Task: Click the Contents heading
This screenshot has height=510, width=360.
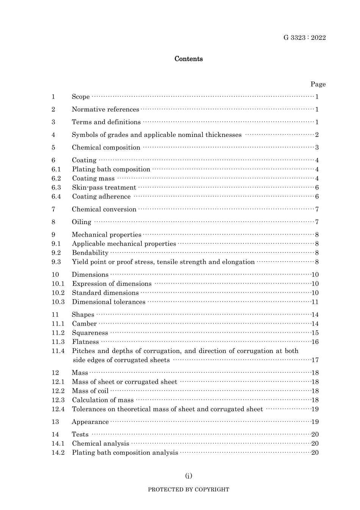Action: pyautogui.click(x=188, y=59)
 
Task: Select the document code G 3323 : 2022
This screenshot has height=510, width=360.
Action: pyautogui.click(x=304, y=38)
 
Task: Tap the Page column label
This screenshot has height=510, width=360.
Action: pyautogui.click(x=318, y=84)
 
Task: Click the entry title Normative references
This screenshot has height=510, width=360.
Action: pyautogui.click(x=105, y=110)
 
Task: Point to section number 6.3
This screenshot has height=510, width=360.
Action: pyautogui.click(x=56, y=188)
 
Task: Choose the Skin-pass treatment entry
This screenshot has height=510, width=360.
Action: pyautogui.click(x=104, y=188)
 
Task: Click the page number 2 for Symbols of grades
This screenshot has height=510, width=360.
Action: pyautogui.click(x=317, y=135)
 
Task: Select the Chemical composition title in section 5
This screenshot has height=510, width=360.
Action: pyautogui.click(x=106, y=148)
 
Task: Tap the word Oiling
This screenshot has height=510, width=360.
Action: pyautogui.click(x=81, y=222)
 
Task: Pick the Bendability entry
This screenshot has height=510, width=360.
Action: pyautogui.click(x=90, y=253)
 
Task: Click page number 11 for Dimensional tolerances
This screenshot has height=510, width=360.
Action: pyautogui.click(x=315, y=302)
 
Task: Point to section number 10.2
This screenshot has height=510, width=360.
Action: pyautogui.click(x=58, y=293)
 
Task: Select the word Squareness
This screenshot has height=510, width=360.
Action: pyautogui.click(x=90, y=333)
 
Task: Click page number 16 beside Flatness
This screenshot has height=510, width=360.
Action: pyautogui.click(x=315, y=342)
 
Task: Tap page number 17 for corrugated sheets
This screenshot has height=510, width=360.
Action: pyautogui.click(x=315, y=360)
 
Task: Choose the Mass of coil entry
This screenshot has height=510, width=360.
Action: pyautogui.click(x=90, y=391)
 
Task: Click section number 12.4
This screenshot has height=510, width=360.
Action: pyautogui.click(x=58, y=409)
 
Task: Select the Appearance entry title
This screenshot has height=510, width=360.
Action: pyautogui.click(x=90, y=422)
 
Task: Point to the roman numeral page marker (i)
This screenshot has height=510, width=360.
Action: pyautogui.click(x=188, y=476)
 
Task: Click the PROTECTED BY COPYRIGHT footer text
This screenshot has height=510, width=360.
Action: pyautogui.click(x=188, y=490)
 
